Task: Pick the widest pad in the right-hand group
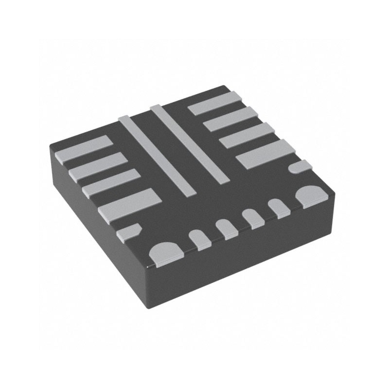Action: pyautogui.click(x=265, y=154)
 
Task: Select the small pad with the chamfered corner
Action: pyautogui.click(x=129, y=231)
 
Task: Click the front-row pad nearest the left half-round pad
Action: pyautogui.click(x=200, y=239)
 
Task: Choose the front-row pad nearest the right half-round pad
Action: pyautogui.click(x=279, y=208)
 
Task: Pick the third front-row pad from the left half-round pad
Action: pyautogui.click(x=253, y=218)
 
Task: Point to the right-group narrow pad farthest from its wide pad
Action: pyautogui.click(x=214, y=103)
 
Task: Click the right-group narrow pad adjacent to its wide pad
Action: pyautogui.click(x=245, y=135)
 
